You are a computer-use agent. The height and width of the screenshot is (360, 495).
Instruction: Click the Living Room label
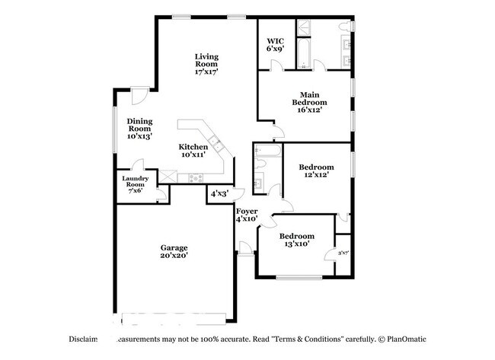[x=206, y=64]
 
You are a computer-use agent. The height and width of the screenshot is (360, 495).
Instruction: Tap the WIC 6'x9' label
[x=275, y=44]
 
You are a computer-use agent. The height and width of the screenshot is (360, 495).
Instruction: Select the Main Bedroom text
[x=311, y=102]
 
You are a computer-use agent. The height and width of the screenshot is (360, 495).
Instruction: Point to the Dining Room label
[x=139, y=129]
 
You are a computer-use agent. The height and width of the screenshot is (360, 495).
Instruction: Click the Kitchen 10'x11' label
[x=193, y=150]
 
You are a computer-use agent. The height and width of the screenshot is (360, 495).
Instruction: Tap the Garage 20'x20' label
[x=174, y=252]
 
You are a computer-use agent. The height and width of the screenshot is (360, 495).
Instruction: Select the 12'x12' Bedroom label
[x=315, y=170]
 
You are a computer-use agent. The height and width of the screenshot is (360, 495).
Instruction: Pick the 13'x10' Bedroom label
[x=294, y=240]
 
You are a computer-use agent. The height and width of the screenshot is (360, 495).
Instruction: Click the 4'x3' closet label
[x=219, y=194]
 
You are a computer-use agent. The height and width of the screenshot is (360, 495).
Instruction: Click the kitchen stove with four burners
[x=196, y=179]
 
